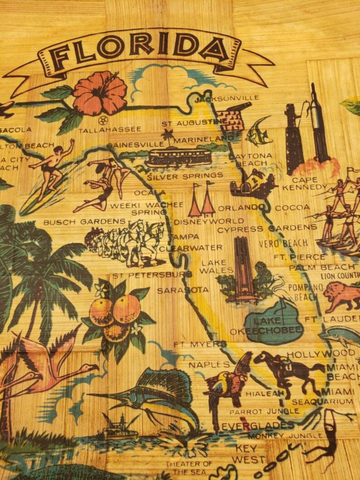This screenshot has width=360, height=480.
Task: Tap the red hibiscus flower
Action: pos(100,93)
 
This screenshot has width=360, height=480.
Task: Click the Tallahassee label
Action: pos(110,130)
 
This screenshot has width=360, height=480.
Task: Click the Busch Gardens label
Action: pos(84,222)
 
